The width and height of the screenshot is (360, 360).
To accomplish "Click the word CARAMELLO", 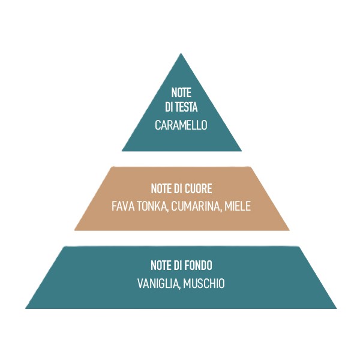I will click(x=181, y=125).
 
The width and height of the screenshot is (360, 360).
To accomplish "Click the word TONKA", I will click(x=152, y=206).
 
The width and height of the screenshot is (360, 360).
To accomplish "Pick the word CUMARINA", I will click(x=196, y=206).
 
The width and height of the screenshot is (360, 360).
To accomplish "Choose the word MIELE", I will click(x=238, y=206).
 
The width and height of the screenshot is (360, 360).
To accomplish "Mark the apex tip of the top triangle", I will click(x=181, y=53).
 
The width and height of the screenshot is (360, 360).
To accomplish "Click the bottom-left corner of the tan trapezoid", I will click(x=74, y=230).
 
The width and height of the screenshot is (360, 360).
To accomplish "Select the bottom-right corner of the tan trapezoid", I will click(x=289, y=230).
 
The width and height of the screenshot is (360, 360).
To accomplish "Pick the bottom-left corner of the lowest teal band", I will click(x=25, y=308).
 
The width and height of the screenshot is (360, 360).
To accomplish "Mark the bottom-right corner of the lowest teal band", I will click(x=337, y=308).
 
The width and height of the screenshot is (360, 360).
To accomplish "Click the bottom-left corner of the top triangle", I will click(x=122, y=151).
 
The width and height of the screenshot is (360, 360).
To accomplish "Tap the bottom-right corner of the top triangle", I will click(x=241, y=151).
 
